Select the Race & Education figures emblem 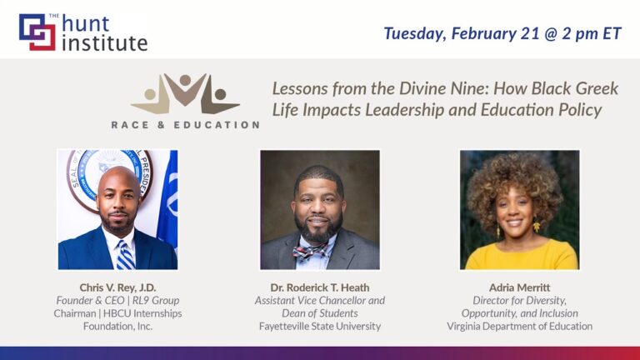185,94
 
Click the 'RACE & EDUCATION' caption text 185,125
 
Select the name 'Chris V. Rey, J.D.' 117,287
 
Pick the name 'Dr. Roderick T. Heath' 320,287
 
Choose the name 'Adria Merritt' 519,287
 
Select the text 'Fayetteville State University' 320,326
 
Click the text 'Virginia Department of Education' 519,326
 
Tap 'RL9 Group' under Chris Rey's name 160,300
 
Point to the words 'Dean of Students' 320,313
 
